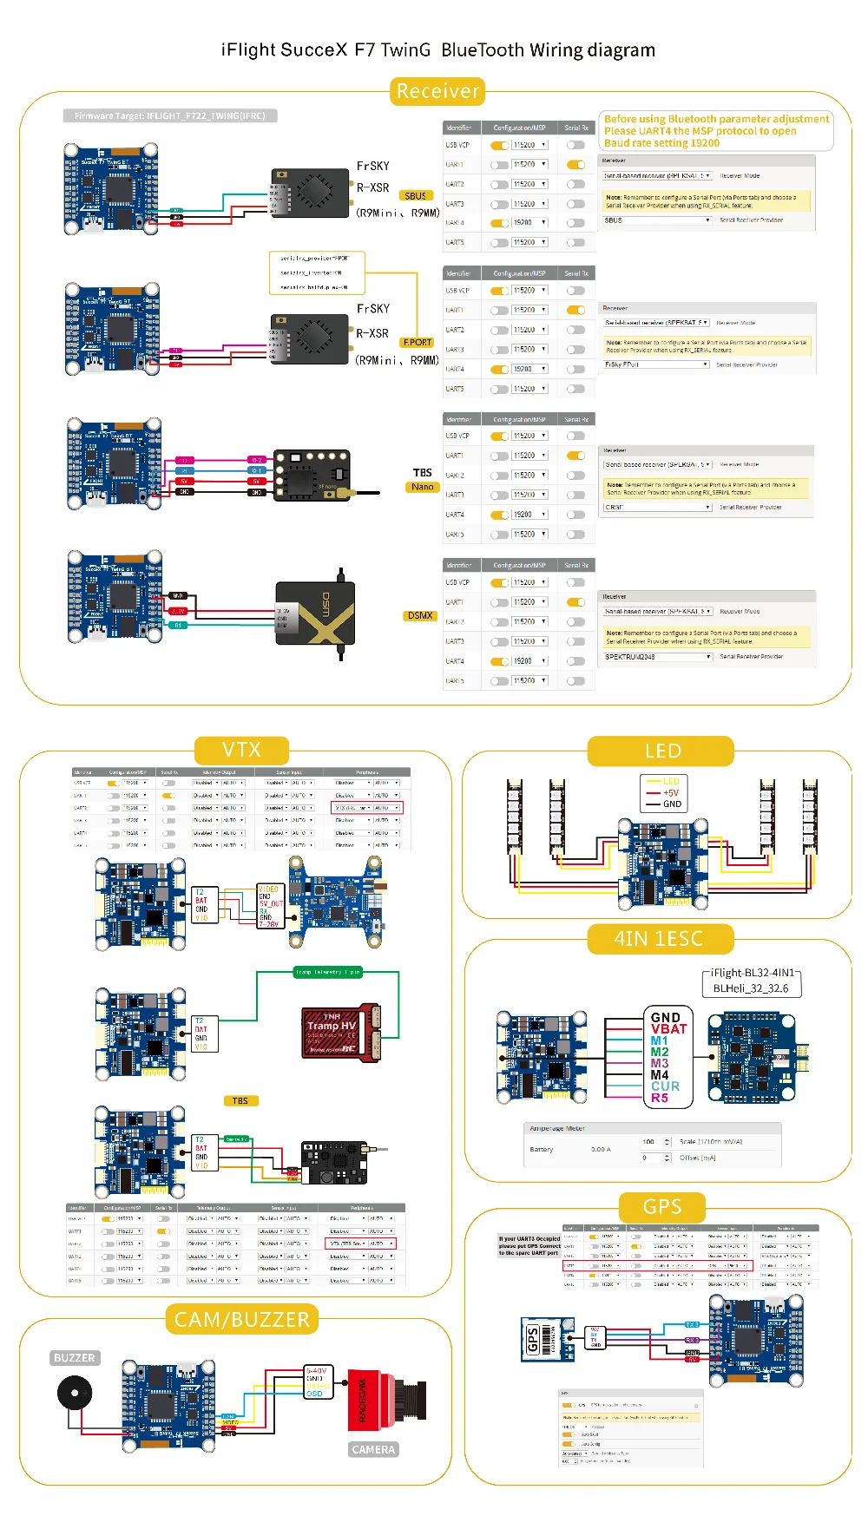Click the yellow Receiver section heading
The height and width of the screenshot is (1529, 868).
click(x=437, y=91)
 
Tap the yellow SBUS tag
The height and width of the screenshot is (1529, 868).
click(x=416, y=196)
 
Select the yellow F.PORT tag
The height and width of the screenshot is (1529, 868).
click(x=418, y=343)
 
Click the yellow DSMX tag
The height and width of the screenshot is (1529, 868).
click(x=420, y=615)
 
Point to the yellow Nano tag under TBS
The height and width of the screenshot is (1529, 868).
click(x=423, y=487)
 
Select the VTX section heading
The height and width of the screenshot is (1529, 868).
click(x=241, y=750)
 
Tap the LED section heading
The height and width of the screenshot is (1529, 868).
click(x=662, y=751)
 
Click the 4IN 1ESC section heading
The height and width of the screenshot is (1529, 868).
click(x=659, y=939)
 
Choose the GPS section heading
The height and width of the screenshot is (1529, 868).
click(x=662, y=1207)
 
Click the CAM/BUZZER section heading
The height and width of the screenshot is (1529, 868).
click(x=242, y=1320)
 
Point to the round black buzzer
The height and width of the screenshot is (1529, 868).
click(x=74, y=1394)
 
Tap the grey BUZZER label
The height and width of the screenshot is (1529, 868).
click(x=75, y=1358)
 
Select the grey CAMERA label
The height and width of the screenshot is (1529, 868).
click(x=373, y=1449)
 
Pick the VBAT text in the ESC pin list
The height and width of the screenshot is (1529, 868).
click(x=668, y=1029)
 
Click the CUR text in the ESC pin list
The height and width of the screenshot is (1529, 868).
click(x=665, y=1086)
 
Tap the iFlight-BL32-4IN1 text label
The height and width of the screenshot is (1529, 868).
click(x=752, y=973)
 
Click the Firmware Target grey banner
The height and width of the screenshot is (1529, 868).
click(x=170, y=115)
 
